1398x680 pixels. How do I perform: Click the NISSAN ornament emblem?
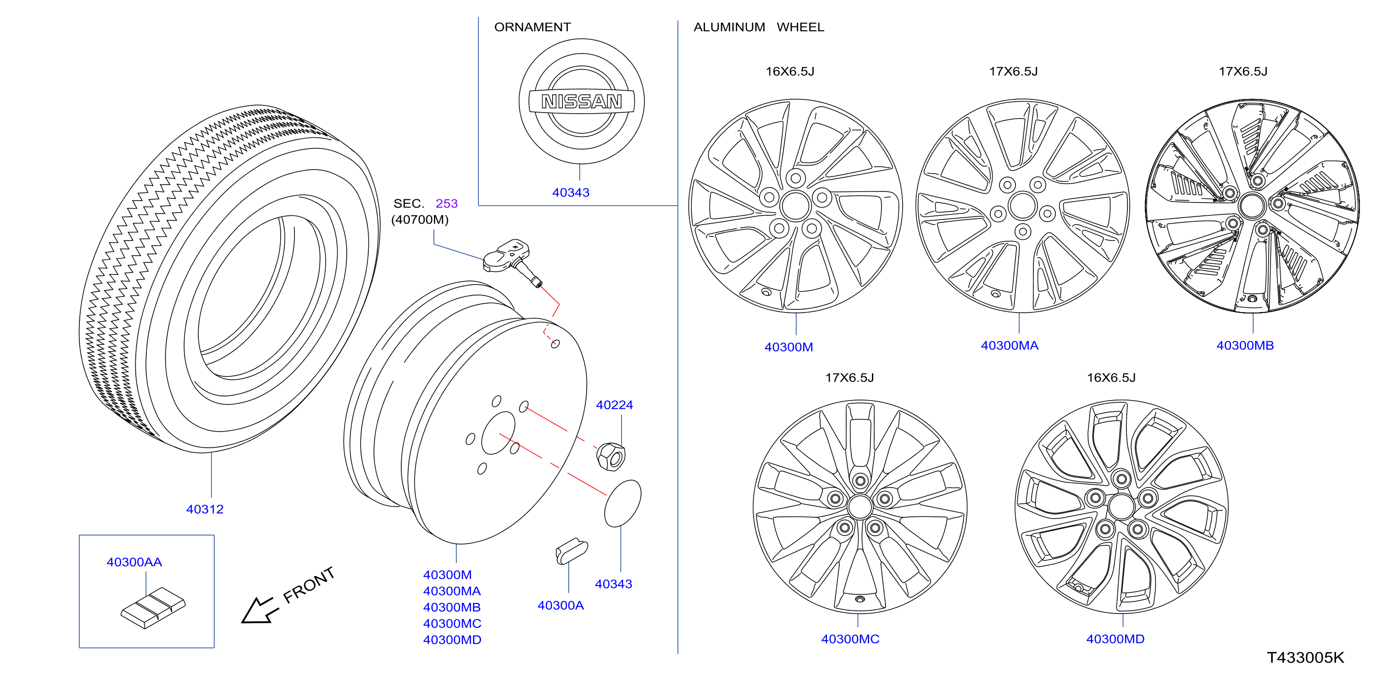[581, 101]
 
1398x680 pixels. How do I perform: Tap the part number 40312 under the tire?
[205, 509]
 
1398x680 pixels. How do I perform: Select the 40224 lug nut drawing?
[611, 456]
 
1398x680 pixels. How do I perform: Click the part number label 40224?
[614, 405]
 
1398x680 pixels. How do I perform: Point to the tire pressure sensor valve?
[513, 261]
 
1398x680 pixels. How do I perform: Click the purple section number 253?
[447, 203]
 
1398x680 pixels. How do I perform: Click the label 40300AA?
[134, 562]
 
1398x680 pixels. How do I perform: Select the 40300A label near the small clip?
[560, 605]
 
